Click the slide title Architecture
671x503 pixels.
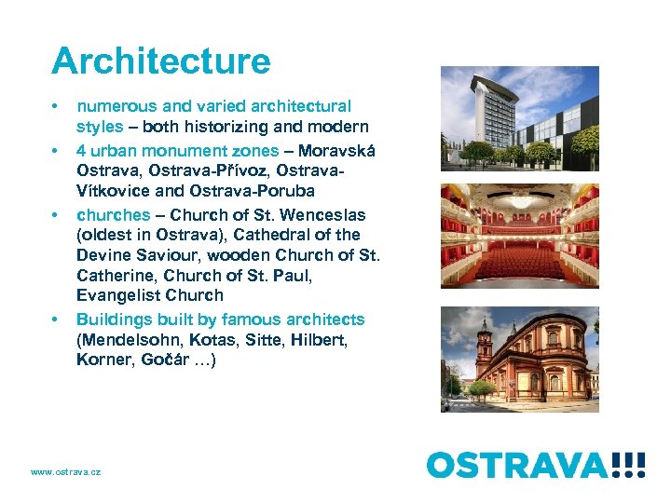[x=161, y=61]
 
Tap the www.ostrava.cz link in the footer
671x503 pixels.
[x=65, y=472]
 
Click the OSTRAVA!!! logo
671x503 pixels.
[x=535, y=463]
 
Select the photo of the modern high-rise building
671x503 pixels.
[x=519, y=118]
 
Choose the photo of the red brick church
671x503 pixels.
[x=519, y=359]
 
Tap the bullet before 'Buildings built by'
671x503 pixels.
[x=57, y=319]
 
